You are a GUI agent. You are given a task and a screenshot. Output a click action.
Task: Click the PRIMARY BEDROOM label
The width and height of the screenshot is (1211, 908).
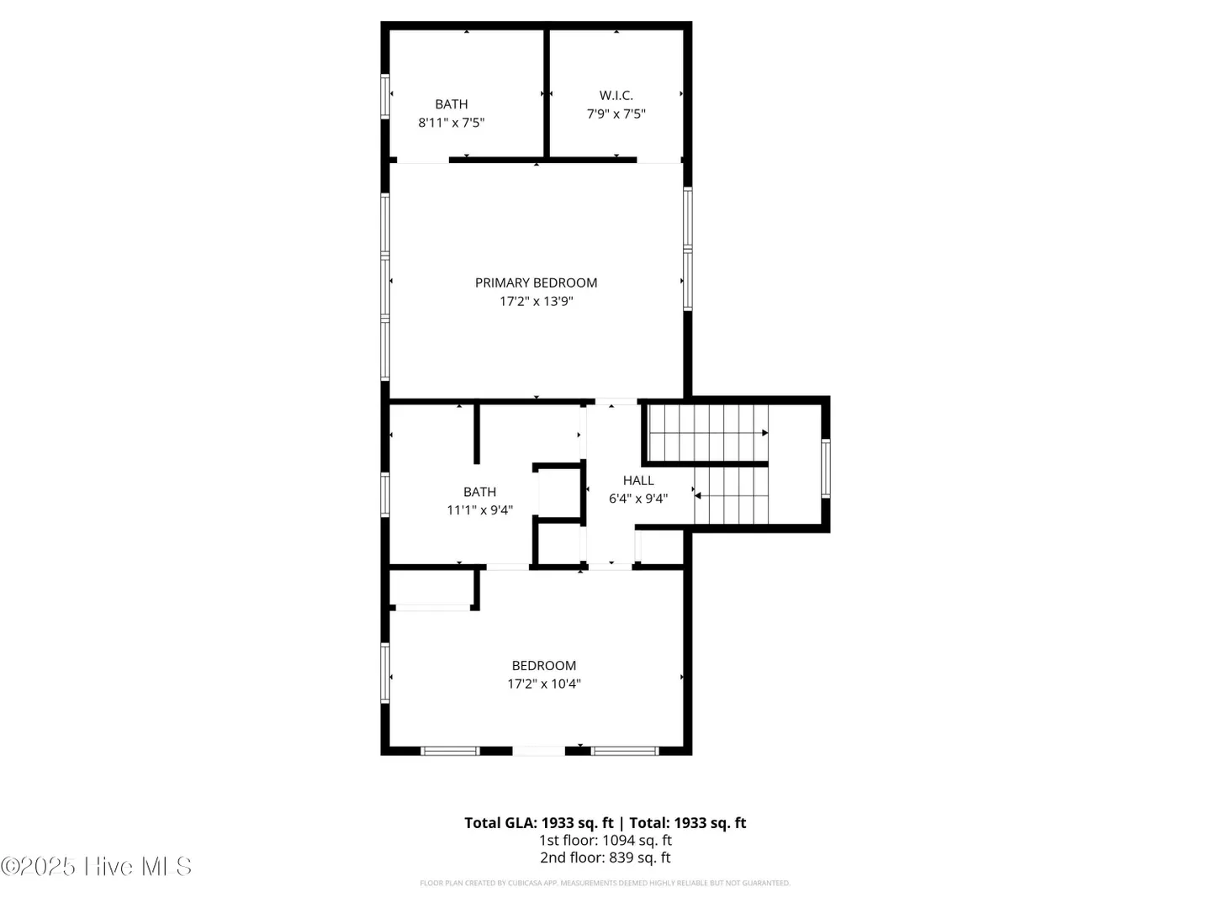536,282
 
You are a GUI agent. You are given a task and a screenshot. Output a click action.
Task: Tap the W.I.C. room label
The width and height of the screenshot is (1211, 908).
616,95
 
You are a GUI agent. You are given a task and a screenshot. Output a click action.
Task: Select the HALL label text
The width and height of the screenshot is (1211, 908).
638,480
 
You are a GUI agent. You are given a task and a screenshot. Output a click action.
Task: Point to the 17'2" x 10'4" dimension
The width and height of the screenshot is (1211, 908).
544,684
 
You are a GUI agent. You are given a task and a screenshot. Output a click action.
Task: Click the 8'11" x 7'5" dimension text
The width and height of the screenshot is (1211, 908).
452,123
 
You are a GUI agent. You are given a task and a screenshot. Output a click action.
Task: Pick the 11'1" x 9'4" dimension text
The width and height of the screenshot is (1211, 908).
479,510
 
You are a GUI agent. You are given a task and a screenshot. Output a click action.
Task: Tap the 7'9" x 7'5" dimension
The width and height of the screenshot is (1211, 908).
616,113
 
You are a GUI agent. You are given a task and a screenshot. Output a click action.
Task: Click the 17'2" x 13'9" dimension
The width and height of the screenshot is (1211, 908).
537,301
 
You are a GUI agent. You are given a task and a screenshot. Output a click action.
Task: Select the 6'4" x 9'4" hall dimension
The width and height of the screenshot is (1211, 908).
638,499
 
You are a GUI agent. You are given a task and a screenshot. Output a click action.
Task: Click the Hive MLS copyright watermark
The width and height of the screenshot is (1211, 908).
96,866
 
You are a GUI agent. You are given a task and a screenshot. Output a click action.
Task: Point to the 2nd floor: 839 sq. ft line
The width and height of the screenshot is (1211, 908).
605,858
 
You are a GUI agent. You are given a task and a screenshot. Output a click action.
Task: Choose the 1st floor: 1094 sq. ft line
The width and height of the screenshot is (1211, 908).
605,840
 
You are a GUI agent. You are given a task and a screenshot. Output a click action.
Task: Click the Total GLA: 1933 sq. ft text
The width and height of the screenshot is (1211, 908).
538,822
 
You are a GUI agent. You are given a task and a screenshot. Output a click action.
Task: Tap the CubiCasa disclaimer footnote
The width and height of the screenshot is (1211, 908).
605,883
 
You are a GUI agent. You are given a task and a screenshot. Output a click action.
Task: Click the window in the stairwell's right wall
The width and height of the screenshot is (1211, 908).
825,468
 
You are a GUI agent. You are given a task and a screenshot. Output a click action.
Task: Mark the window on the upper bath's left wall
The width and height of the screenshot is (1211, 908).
385,96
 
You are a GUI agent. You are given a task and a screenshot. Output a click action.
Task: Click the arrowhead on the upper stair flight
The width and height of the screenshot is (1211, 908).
764,433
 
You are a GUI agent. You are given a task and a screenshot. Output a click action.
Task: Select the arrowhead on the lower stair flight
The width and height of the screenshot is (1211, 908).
698,496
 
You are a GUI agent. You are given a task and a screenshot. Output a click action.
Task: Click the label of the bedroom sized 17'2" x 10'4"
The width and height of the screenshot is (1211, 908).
544,665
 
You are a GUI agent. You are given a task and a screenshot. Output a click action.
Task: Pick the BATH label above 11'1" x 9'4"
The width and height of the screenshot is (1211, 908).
479,492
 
